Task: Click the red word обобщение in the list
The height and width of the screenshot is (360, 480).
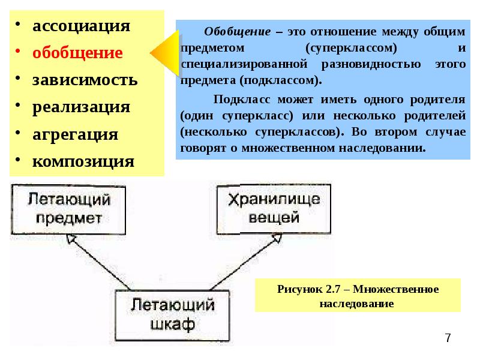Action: coord(77,53)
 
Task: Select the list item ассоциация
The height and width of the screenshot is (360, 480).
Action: coord(81,26)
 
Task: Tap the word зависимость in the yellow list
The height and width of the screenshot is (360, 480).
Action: coord(85,80)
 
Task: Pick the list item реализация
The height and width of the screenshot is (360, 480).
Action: coord(81,107)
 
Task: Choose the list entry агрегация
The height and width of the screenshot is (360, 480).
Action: coord(76,134)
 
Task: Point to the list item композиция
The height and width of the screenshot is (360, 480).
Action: coord(83,161)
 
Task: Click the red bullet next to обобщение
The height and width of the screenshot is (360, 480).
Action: coord(18,52)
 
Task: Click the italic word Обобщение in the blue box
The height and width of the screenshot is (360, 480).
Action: coord(238,32)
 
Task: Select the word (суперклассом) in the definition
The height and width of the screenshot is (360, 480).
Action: coord(351,48)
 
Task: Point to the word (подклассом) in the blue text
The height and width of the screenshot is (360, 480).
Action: coord(281,80)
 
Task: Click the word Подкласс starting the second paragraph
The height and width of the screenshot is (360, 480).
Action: coord(242,100)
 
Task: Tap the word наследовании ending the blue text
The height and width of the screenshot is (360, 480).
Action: coord(382,148)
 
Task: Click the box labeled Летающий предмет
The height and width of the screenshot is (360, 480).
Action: coord(68,209)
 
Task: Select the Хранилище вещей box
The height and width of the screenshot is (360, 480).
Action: coord(274,209)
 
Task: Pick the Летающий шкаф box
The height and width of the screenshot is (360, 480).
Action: coord(172,316)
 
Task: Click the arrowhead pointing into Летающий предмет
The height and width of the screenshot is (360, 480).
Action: coord(71,239)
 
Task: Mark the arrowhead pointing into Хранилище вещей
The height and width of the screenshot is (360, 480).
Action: coord(277,238)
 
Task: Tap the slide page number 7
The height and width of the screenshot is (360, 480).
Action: coord(448,338)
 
